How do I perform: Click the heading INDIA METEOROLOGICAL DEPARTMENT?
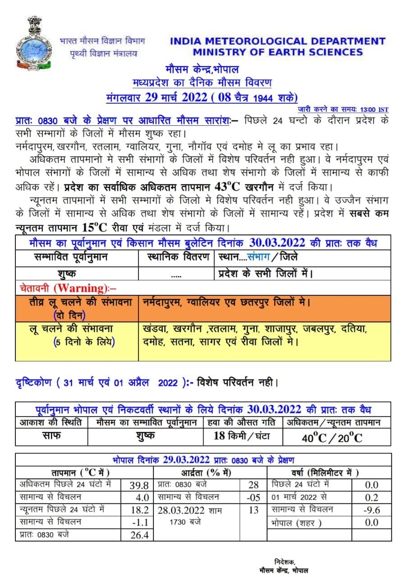pos(277,41)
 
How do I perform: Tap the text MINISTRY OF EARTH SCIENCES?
pos(277,52)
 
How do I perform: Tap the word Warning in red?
pos(78,288)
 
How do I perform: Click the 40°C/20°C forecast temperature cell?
pos(332,437)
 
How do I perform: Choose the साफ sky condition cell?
pos(51,436)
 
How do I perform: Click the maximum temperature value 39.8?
pos(139,485)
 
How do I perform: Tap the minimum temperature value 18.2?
pos(139,510)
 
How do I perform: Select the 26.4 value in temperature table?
pos(139,536)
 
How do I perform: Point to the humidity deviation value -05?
pos(253,498)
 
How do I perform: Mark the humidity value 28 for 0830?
pos(253,485)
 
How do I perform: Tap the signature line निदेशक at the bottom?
pos(285,561)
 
